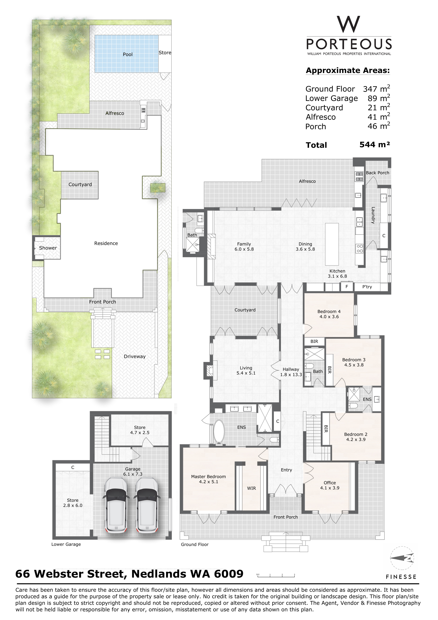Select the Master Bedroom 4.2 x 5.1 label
point(208,479)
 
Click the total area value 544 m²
point(375,145)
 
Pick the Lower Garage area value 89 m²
point(378,98)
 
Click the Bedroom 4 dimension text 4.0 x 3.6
point(329,317)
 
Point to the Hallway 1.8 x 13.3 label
point(291,372)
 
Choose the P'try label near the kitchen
point(367,287)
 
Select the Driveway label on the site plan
point(134,356)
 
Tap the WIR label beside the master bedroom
point(251,488)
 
